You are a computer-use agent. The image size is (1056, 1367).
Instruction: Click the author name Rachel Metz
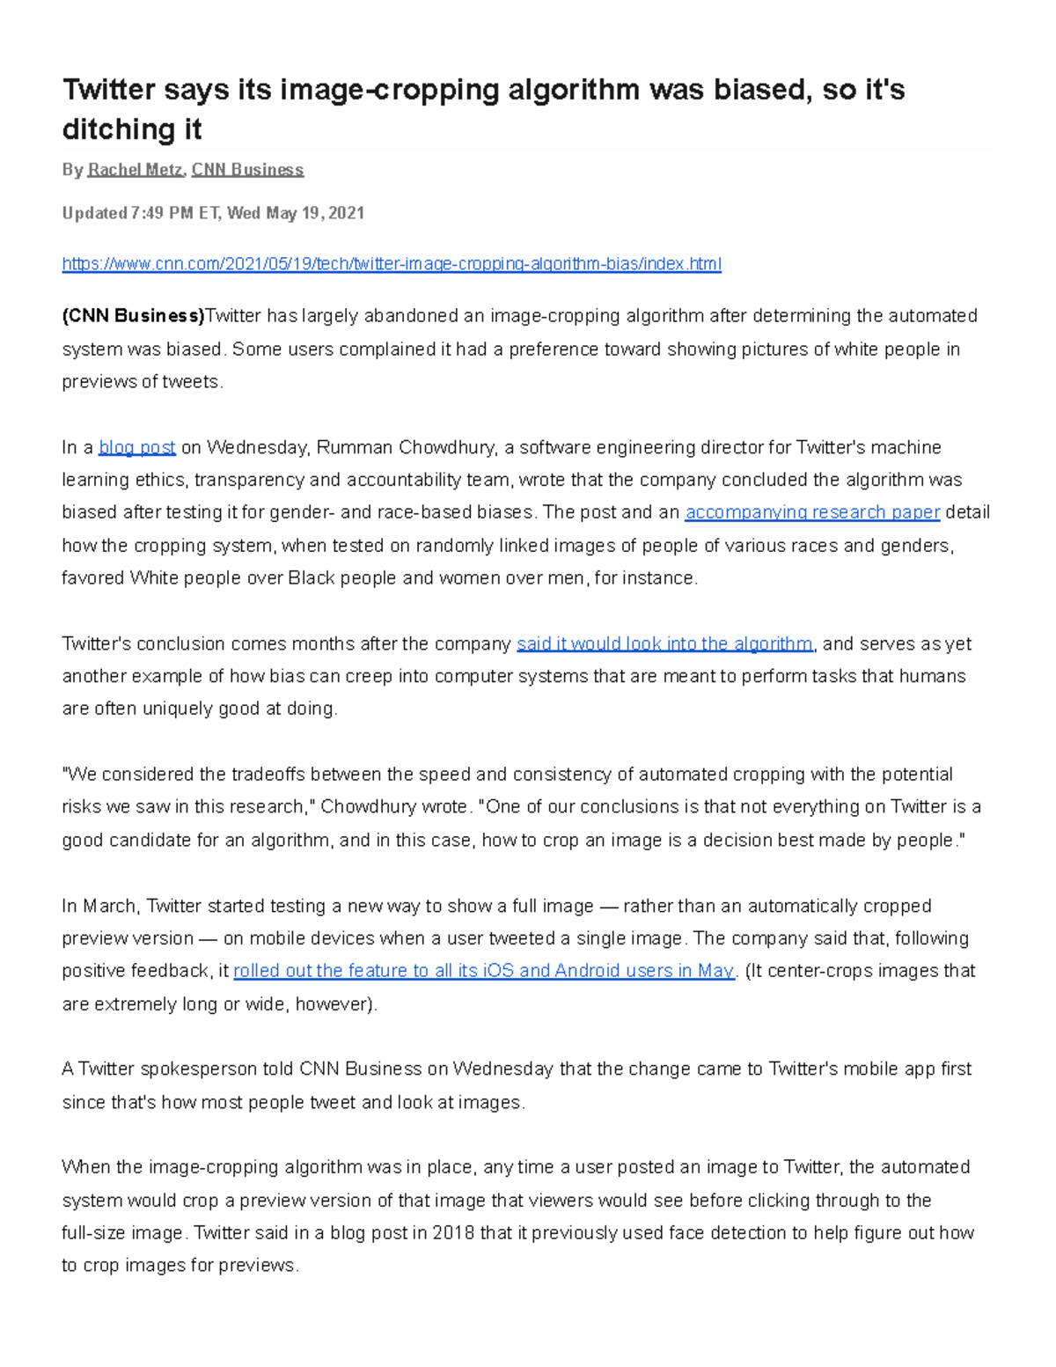point(136,170)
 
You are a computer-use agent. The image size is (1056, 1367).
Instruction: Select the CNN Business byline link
point(247,170)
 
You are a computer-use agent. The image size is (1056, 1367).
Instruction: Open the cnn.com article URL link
point(392,264)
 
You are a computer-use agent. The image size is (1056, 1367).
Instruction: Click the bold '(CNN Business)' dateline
point(133,316)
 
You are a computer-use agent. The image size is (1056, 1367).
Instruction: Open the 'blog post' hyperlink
point(137,448)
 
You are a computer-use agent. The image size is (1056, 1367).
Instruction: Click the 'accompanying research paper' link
point(812,512)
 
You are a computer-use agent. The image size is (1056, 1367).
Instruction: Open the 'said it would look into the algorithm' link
point(664,644)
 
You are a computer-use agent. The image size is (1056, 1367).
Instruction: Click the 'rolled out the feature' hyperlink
point(483,971)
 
